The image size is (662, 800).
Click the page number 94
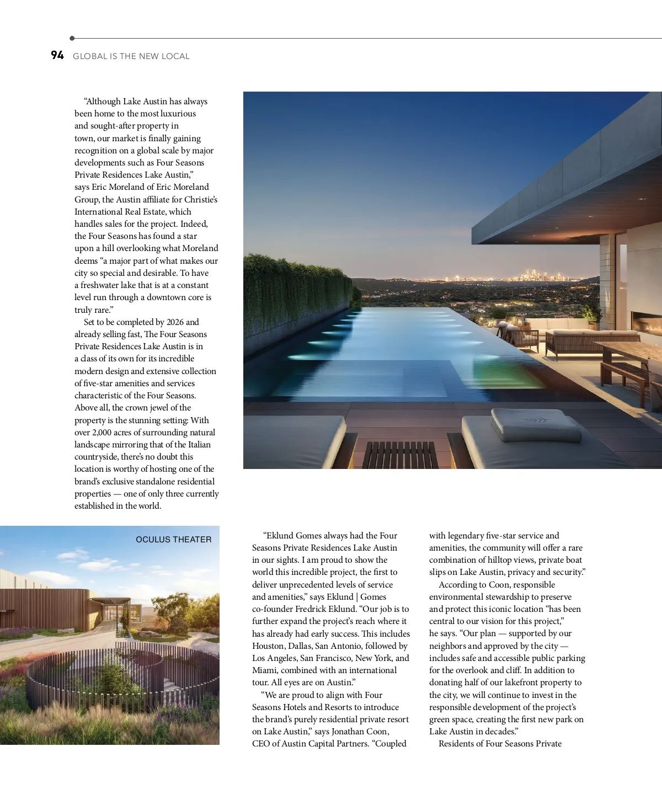point(57,55)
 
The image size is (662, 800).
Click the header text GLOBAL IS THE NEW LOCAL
point(131,56)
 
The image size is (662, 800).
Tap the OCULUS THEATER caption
point(173,540)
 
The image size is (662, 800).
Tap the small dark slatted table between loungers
point(401,455)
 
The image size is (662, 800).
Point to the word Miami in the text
point(264,670)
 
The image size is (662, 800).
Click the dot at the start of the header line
point(72,39)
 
